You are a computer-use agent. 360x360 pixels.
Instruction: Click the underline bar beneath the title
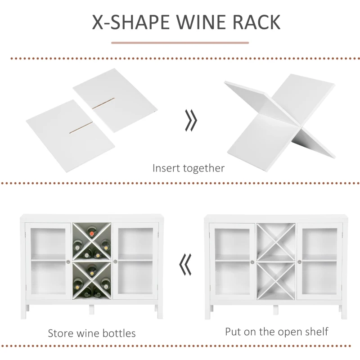pos(180,43)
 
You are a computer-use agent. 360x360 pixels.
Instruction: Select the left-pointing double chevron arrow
pos(184,265)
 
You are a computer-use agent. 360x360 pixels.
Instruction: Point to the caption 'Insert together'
pos(188,169)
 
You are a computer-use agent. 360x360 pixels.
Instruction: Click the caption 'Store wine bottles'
pos(92,334)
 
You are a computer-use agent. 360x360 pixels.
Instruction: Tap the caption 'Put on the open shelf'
pos(277,332)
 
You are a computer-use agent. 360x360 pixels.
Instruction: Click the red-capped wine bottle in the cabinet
pos(92,233)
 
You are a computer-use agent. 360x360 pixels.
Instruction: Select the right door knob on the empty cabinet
pos(299,262)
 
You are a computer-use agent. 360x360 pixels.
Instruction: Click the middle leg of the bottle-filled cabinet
pos(92,310)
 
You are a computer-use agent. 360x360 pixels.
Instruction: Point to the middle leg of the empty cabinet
pos(275,310)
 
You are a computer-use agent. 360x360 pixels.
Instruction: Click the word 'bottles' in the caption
pos(117,334)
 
